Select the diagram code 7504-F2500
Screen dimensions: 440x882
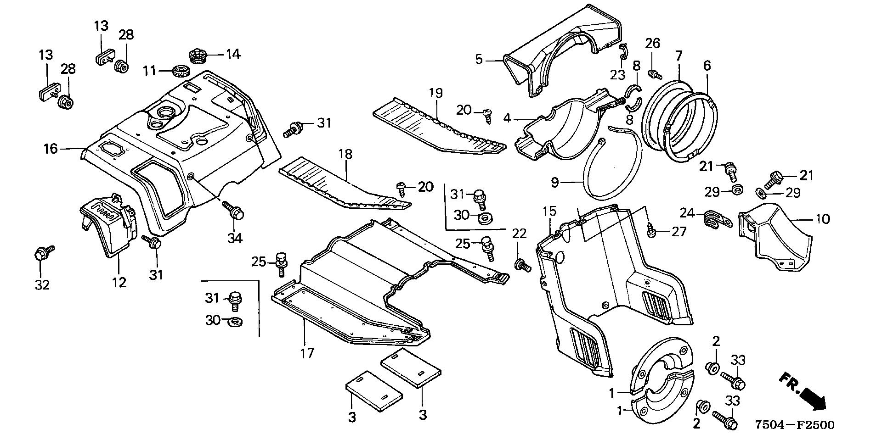pos(794,425)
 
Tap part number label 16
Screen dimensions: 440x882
pos(51,149)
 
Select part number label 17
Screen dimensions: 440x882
pos(307,353)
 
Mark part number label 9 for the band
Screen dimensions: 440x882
pos(555,183)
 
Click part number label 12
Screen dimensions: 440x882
pos(119,282)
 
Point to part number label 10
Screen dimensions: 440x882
pos(823,219)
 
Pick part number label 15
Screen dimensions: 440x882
pos(549,212)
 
